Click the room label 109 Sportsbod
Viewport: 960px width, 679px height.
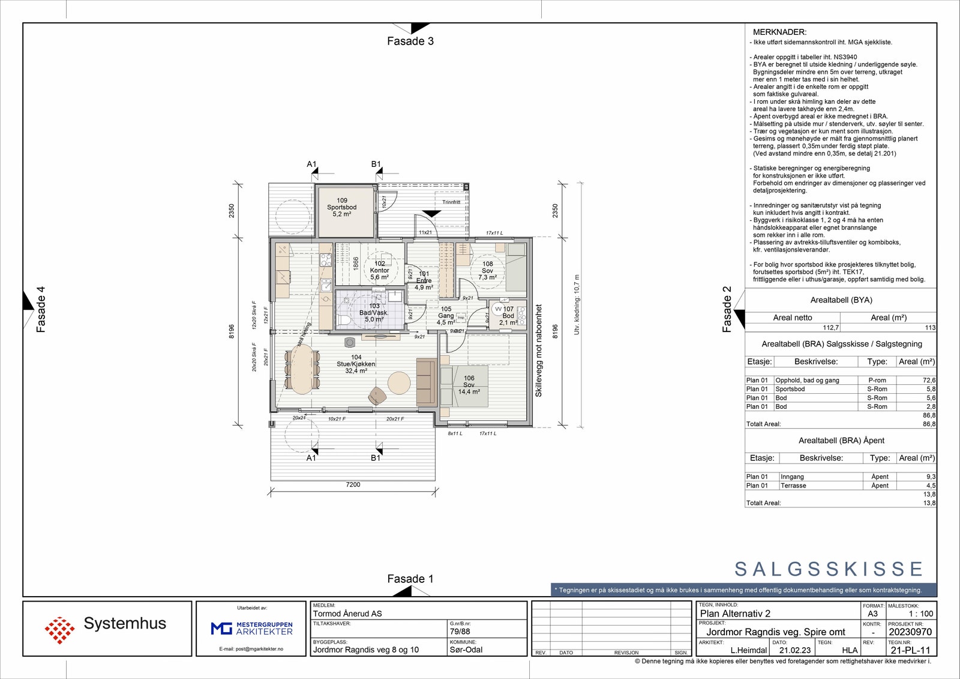[342, 207]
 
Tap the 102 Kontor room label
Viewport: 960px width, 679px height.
[380, 270]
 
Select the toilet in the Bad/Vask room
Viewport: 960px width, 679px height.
[343, 320]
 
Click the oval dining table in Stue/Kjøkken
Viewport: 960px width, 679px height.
[302, 368]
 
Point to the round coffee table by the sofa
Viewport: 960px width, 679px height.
[399, 382]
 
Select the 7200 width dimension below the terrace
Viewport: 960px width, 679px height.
[353, 484]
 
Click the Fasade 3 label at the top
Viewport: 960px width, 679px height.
[410, 41]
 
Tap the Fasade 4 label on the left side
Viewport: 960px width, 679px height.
[41, 309]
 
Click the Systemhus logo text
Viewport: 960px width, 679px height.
[125, 624]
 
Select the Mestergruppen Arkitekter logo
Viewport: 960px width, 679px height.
[252, 629]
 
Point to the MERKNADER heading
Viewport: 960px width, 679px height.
[779, 32]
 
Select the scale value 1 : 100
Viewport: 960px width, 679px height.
[921, 614]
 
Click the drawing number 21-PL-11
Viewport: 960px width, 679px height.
[910, 650]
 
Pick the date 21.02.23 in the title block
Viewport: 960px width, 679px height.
[795, 650]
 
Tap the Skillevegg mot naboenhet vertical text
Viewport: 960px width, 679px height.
[538, 351]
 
